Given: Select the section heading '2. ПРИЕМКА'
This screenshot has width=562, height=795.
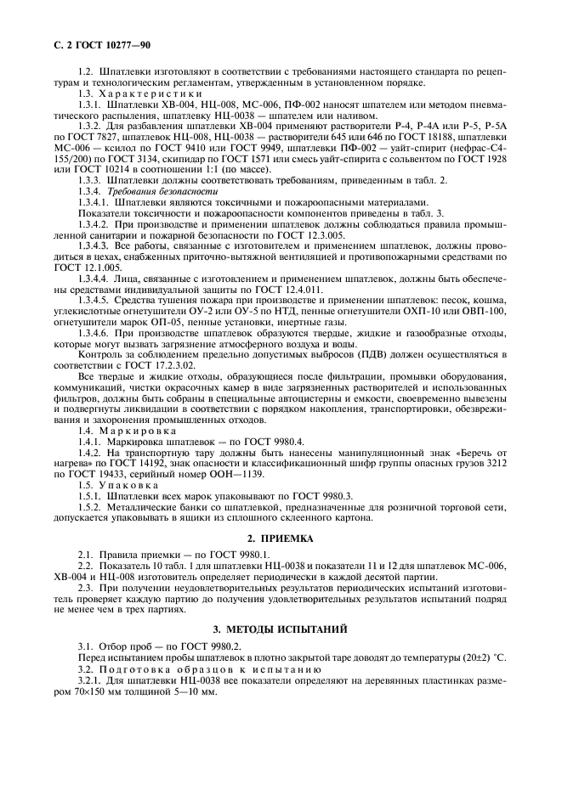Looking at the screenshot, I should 281,538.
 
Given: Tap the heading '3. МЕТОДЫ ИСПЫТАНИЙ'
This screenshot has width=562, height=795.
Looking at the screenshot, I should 281,629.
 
